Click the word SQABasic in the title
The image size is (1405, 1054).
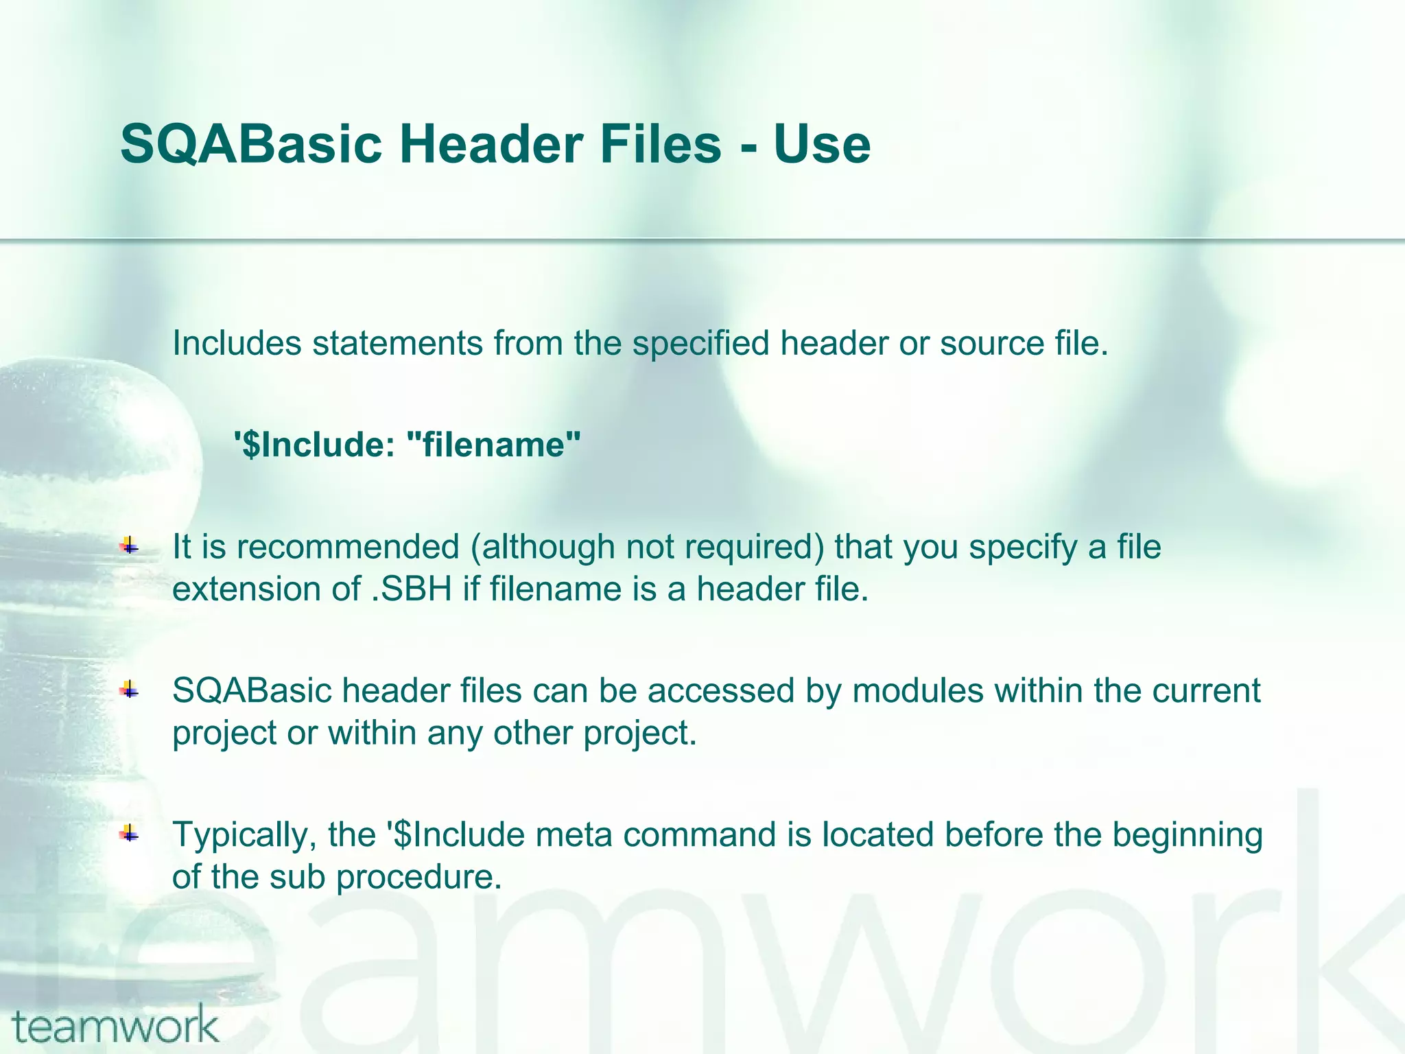click(x=250, y=144)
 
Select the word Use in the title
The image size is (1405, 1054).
click(x=821, y=144)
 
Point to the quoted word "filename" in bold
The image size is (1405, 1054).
click(x=494, y=445)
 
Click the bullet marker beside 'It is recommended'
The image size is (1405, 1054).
click(x=129, y=547)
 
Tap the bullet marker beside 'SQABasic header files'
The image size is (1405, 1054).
click(x=129, y=690)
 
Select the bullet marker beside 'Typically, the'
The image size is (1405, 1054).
click(x=129, y=834)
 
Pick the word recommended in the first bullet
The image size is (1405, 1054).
click(x=348, y=547)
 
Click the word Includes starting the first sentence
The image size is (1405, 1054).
click(x=237, y=343)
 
